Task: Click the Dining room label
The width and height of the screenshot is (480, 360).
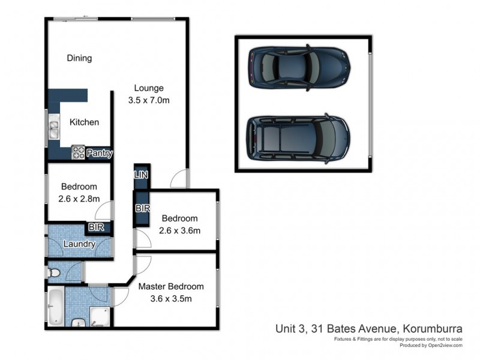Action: click(79, 58)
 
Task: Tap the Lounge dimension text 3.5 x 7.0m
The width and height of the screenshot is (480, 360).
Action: click(149, 100)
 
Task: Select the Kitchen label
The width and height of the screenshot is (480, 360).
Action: click(84, 122)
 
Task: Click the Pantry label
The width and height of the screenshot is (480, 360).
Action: click(100, 154)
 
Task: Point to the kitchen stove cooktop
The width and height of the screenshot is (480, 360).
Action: click(79, 152)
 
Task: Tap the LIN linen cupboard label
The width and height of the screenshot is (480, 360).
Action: click(141, 175)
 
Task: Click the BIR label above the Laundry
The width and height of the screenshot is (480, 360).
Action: click(96, 228)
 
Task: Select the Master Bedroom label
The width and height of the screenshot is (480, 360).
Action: click(171, 286)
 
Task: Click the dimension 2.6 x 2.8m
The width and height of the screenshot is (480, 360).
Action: click(79, 199)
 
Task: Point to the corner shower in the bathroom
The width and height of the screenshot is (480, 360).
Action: click(100, 316)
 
